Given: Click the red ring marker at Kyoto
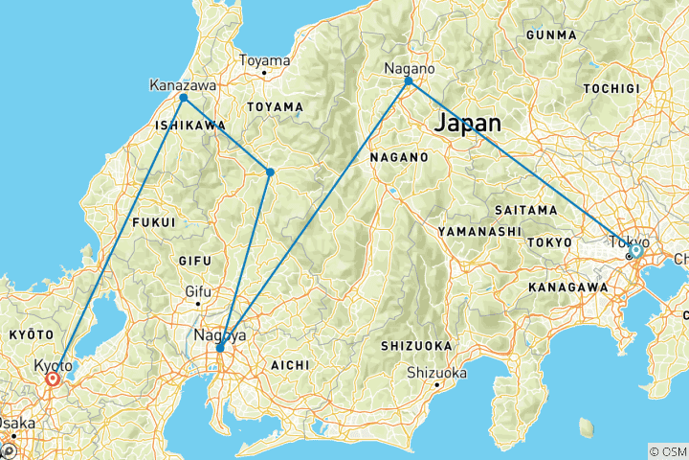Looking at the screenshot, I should pos(52,379).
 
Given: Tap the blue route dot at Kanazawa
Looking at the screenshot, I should pos(183,98).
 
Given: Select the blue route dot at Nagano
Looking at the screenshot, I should pos(409,80).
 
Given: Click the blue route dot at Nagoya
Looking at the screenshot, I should pos(220,348).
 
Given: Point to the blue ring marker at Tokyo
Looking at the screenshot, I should pos(634,250).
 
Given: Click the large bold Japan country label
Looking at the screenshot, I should pos(468,123).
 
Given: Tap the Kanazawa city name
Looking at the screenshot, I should pos(183,85).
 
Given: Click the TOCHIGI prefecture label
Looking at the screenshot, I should pos(610,87).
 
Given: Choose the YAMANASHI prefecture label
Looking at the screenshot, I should pos(478,232).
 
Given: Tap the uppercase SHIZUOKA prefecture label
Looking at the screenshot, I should pos(414,345).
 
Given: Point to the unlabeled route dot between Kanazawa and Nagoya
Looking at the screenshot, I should pos(270,172).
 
